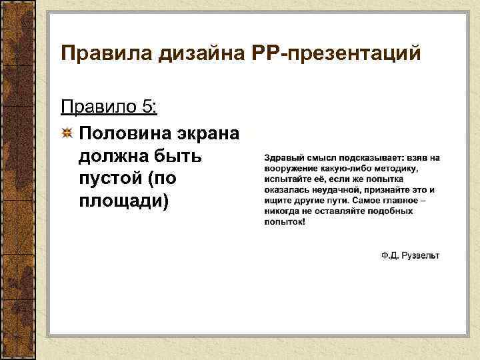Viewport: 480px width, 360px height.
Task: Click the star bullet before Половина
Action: tap(67, 133)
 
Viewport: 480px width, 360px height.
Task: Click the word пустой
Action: tap(109, 179)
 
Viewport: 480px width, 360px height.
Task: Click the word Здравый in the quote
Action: tap(284, 157)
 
